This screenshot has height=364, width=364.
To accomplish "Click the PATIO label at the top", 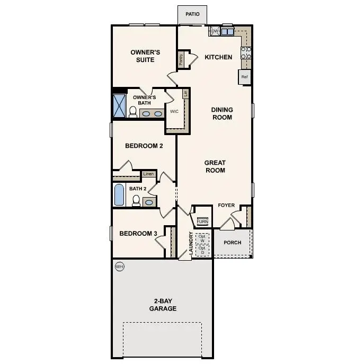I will coord(192,14).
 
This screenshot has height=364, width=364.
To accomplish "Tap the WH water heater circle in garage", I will coord(119,267).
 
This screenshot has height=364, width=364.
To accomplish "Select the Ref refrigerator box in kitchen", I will coord(244,77).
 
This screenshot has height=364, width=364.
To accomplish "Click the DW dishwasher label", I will coord(215,32).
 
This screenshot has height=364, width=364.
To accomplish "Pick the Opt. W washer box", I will coord(202,238).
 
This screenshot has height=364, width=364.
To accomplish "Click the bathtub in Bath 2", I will coord(120,195).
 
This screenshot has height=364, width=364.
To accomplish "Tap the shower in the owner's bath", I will coord(119,106).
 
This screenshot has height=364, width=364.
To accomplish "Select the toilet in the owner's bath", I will coord(133,112).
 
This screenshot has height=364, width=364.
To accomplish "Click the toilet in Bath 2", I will coord(136,201).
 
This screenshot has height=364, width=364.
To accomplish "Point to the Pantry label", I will coord(181,60).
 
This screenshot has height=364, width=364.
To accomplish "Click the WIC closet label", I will coord(174,112).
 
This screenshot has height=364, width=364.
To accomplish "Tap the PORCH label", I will coord(233,243).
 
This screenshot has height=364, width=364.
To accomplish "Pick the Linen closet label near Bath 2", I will coord(148,174).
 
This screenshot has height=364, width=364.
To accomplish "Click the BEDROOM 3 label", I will coord(138,234).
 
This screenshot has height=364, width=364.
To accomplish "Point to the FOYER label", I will coord(226,205).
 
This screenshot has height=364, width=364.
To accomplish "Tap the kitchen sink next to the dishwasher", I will coord(227,32).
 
